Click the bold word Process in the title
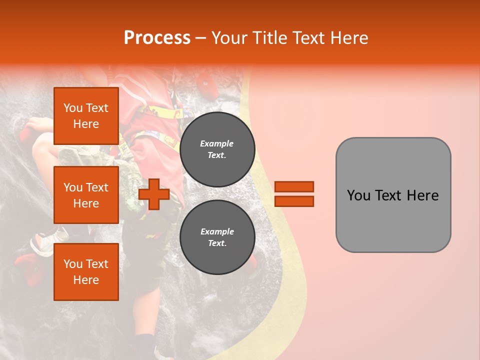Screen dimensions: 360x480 (x=157, y=37)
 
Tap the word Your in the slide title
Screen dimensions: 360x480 (x=229, y=38)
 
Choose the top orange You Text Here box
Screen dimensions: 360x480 (x=86, y=116)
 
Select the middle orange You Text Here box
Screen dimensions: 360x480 (x=86, y=195)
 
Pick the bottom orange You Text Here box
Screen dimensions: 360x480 (x=86, y=272)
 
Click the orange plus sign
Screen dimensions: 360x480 (x=154, y=194)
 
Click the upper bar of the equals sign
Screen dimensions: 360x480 (x=294, y=186)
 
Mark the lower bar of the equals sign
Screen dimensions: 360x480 (x=294, y=201)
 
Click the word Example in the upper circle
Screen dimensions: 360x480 (x=217, y=143)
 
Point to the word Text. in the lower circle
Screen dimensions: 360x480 (x=217, y=243)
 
